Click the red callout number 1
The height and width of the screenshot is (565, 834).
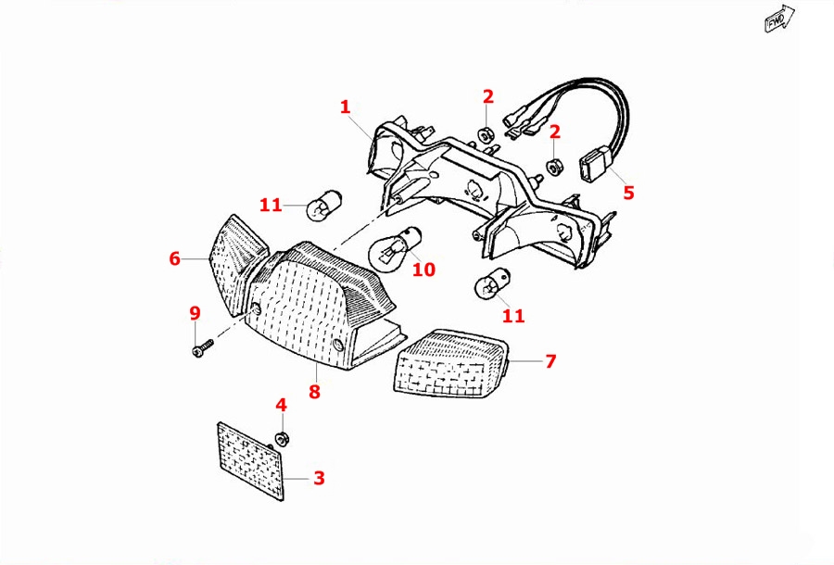tap(346, 107)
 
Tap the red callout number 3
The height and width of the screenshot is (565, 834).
tap(319, 478)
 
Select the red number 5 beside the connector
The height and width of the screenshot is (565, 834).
tap(628, 193)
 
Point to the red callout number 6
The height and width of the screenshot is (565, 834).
tap(174, 258)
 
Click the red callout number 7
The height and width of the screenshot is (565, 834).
tap(550, 360)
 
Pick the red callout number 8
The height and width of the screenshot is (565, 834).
tap(314, 391)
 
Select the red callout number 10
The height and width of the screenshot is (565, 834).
tap(423, 270)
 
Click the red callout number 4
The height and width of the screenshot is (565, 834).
tap(282, 405)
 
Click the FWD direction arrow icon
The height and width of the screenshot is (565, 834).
tap(777, 20)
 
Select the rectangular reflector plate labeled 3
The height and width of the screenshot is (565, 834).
tap(249, 460)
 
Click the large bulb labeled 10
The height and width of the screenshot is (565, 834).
tap(396, 245)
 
